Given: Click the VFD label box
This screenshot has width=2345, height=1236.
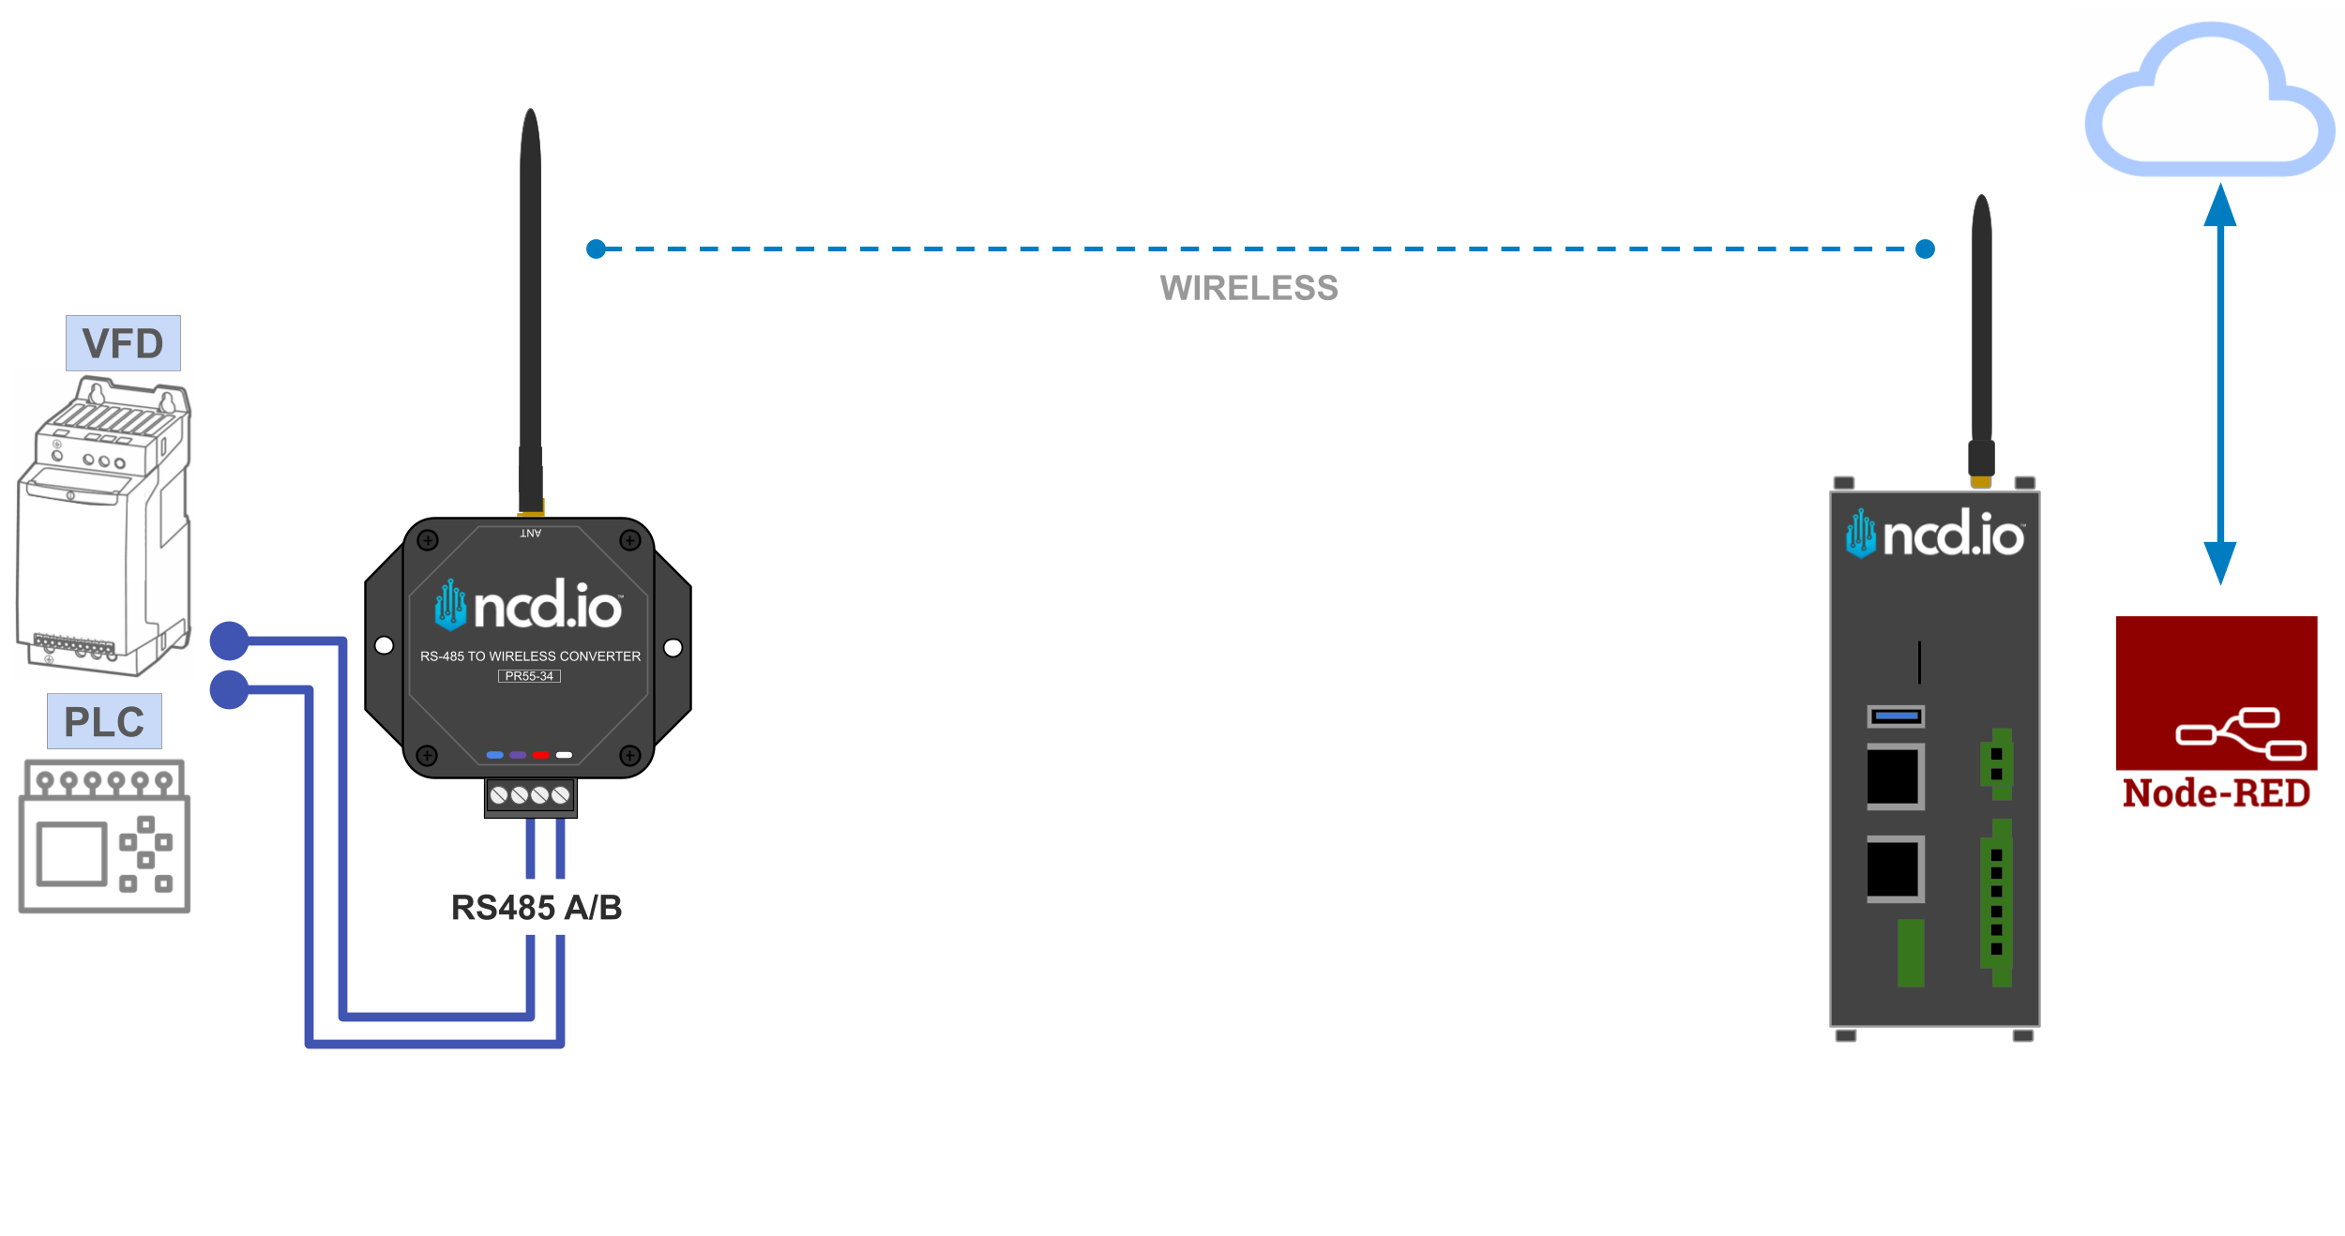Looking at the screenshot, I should click(x=123, y=343).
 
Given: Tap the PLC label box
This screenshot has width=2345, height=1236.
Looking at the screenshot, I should click(x=104, y=721).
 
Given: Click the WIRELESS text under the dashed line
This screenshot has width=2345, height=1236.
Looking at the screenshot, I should click(x=1248, y=288).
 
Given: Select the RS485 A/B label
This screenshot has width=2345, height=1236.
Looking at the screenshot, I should click(x=537, y=907).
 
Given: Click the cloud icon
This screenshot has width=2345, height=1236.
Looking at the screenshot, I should click(x=2209, y=103).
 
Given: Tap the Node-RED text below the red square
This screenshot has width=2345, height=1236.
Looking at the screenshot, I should click(x=2216, y=793).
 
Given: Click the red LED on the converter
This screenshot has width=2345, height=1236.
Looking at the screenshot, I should click(x=540, y=755).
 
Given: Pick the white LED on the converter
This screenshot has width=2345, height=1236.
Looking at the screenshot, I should click(x=564, y=755).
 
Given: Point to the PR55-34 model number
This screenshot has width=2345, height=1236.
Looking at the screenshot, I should click(x=529, y=676).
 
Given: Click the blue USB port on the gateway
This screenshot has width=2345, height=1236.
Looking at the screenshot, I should click(x=1896, y=716).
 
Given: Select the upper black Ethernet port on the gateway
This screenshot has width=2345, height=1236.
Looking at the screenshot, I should click(x=1895, y=776).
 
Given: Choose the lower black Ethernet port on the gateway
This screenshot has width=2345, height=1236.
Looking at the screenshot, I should click(x=1895, y=869).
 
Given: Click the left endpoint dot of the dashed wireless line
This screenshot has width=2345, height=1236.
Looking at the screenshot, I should click(x=596, y=249).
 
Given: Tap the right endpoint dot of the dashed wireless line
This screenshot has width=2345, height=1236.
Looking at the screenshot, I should click(x=1925, y=249).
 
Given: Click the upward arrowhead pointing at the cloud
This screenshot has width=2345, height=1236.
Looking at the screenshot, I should click(x=2219, y=206).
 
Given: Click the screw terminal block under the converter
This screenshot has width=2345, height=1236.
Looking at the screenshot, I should click(x=530, y=796).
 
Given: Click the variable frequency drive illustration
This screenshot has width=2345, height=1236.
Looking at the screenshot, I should click(x=103, y=525).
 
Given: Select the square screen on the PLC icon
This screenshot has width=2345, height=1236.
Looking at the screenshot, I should click(x=71, y=853).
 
